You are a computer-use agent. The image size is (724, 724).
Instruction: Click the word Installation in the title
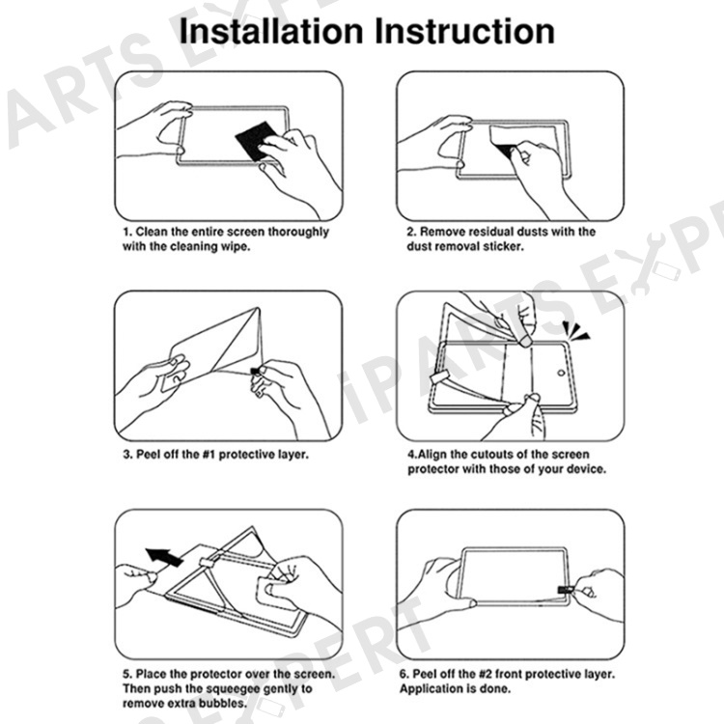271,32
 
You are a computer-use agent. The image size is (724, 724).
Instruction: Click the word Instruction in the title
464,32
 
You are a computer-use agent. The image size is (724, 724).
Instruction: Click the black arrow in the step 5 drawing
164,556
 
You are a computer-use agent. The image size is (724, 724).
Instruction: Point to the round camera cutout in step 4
561,373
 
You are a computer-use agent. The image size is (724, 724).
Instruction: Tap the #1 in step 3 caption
209,455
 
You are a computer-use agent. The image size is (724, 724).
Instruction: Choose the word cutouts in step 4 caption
500,455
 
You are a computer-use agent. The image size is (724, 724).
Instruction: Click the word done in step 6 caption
496,689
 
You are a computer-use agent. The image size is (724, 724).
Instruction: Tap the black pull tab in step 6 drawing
566,590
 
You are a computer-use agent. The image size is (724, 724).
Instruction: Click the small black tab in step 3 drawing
255,371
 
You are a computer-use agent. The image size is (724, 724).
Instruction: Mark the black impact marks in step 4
575,330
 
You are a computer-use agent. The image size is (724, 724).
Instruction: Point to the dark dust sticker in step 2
506,150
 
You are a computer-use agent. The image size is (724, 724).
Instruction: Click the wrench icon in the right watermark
643,265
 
